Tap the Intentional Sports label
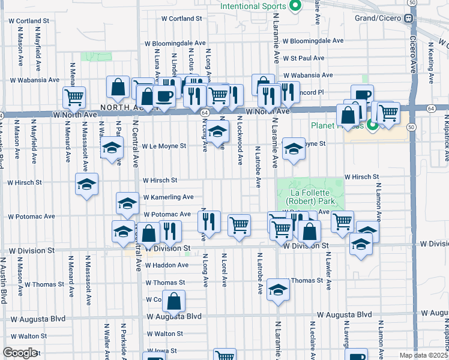tap(253, 7)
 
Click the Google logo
tap(20, 353)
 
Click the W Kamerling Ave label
tap(168, 197)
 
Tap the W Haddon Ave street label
tap(166, 265)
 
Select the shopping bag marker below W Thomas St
tap(174, 302)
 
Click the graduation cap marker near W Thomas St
tap(277, 290)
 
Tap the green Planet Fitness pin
tap(372, 125)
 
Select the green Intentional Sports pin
tap(295, 7)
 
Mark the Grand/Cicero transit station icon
tap(408, 18)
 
